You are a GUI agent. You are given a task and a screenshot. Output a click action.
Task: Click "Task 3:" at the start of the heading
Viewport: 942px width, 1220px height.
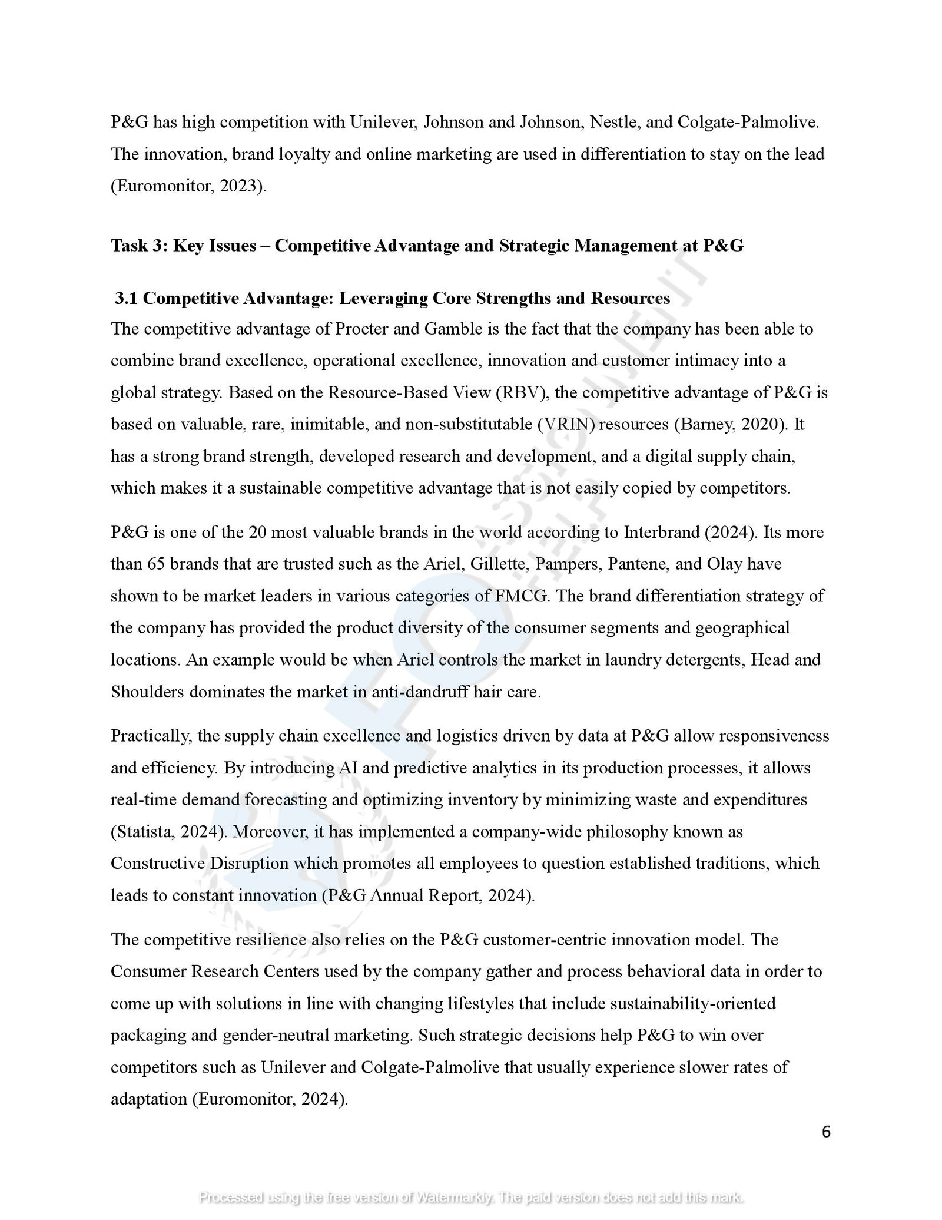tap(140, 245)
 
